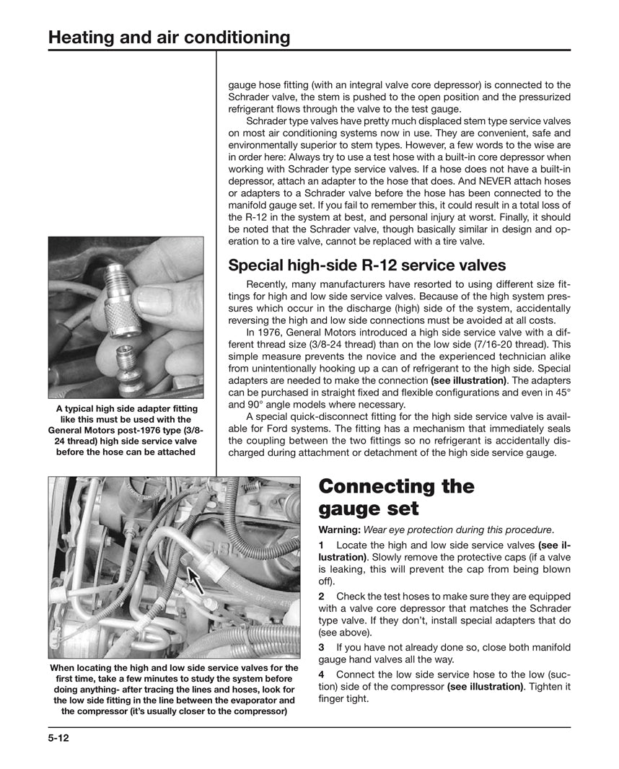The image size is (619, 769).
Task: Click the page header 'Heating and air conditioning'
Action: pos(169,37)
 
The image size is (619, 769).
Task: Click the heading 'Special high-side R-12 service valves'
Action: pos(366,265)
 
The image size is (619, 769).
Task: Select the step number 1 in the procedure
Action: pos(322,545)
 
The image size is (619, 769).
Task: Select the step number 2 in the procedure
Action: pos(322,596)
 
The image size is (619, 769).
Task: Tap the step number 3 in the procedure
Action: pos(322,647)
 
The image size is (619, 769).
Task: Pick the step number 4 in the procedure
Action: pos(322,673)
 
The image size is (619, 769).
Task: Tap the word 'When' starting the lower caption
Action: pos(63,668)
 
